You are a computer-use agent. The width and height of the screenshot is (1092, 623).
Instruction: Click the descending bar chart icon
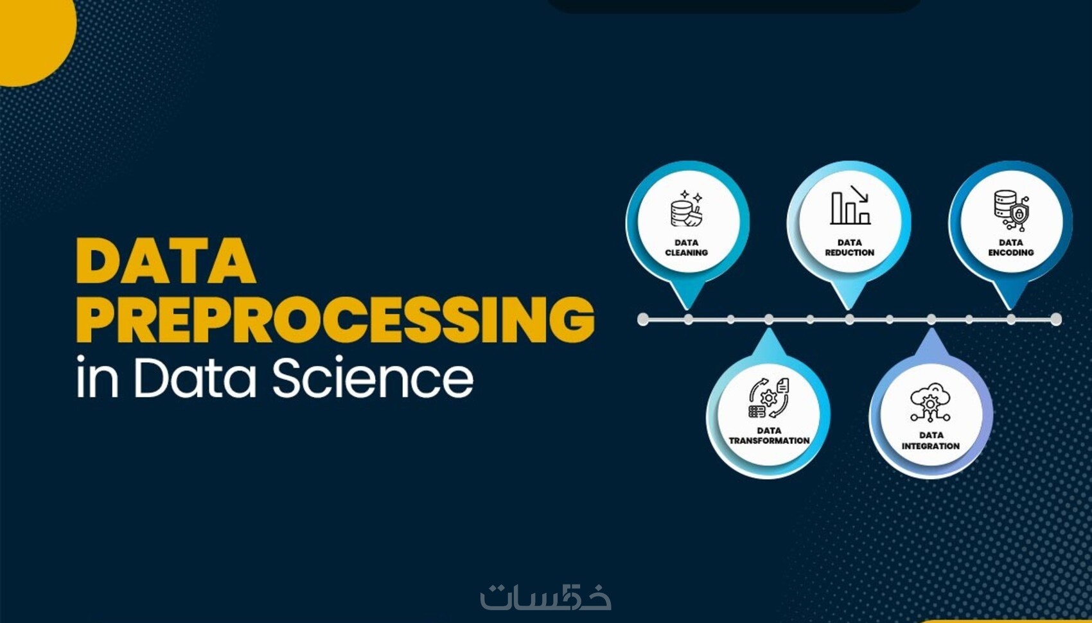850,206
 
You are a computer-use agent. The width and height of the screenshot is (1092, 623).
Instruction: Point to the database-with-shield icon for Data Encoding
1012,210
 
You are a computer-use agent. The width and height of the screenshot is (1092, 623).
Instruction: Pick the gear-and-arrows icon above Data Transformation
769,398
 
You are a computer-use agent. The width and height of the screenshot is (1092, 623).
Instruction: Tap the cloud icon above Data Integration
930,403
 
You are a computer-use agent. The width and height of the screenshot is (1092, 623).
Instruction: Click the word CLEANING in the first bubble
687,252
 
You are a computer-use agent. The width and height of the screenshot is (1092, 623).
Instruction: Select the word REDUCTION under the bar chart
850,252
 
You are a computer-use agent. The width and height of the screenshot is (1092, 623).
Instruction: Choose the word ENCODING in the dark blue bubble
1011,252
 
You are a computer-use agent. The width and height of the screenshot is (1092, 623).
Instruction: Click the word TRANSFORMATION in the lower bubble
770,441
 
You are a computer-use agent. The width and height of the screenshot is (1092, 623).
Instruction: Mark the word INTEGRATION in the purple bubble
931,446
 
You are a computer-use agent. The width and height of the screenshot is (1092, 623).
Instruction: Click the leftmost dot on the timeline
643,319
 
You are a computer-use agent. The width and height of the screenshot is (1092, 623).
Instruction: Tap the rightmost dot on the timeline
1056,319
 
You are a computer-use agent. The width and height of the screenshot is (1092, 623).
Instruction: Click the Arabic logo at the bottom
545,597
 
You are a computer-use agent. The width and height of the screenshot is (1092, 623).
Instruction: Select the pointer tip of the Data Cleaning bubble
687,309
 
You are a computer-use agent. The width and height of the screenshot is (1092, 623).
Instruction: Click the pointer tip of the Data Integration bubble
931,329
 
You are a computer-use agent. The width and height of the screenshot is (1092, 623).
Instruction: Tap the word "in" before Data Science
97,377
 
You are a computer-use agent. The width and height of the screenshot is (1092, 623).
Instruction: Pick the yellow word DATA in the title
166,261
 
